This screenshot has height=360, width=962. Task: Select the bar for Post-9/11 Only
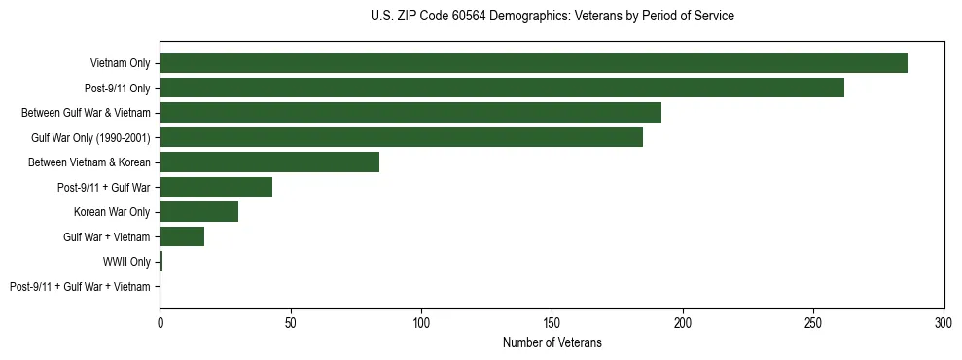point(502,88)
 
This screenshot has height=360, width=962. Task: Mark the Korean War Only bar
point(198,212)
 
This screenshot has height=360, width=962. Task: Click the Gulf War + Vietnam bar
point(182,236)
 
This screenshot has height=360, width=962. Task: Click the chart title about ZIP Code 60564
point(552,17)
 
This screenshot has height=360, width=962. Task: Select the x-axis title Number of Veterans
point(552,343)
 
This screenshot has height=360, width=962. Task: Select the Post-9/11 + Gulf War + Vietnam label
point(80,287)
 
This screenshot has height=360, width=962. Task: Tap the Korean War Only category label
point(112,212)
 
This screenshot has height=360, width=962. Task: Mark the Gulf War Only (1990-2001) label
point(90,137)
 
